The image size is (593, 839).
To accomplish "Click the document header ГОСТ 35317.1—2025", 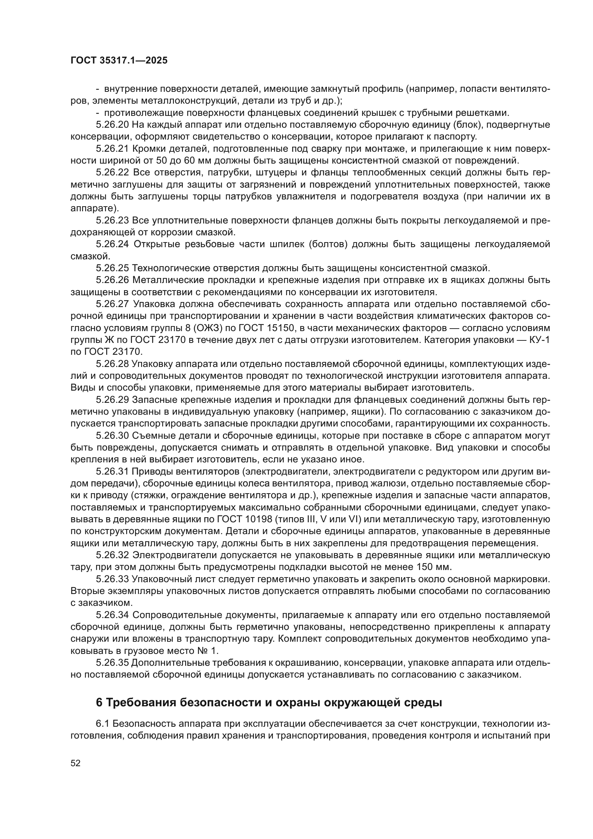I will (119, 61).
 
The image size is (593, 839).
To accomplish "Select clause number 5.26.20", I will (112, 124).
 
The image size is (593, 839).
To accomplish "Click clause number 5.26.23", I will (112, 220).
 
